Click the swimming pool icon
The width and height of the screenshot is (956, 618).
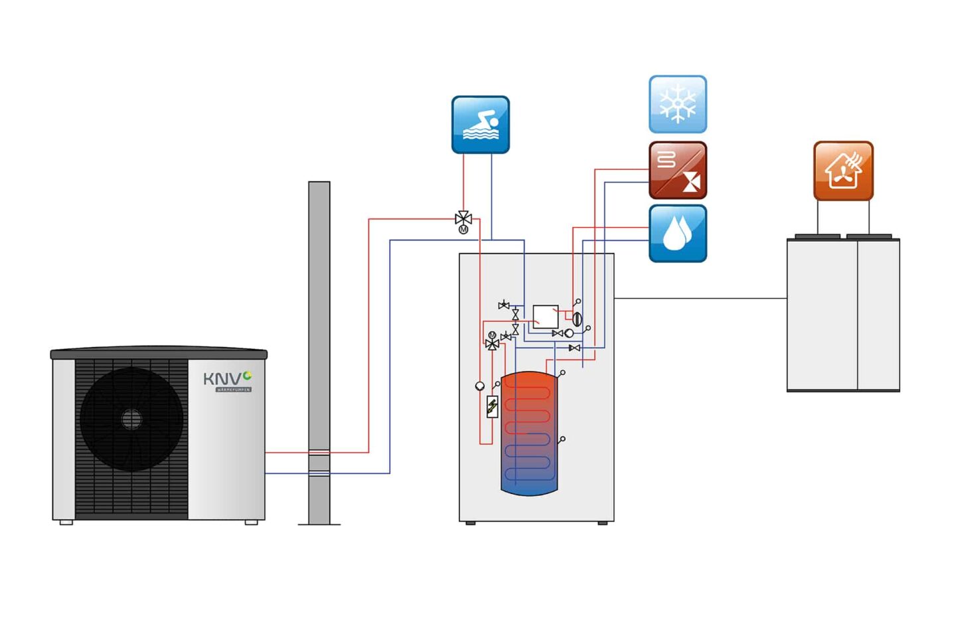coord(480,125)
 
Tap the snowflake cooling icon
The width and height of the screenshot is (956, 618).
coord(677,104)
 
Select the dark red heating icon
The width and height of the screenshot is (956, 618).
coord(677,170)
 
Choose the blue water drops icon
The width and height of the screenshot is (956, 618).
coord(677,234)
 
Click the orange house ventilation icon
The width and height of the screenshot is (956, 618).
coord(843,171)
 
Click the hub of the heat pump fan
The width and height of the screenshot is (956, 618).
coord(131,419)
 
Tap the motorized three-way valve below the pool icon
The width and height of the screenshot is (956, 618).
coord(463,219)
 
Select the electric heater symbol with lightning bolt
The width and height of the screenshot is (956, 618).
coord(492,406)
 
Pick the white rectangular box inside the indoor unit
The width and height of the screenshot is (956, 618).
coord(545,317)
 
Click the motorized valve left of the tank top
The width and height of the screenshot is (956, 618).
coord(492,342)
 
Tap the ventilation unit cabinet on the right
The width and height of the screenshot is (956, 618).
coord(843,315)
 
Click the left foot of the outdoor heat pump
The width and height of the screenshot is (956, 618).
coord(66,522)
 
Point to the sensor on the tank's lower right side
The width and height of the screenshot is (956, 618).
coord(562,439)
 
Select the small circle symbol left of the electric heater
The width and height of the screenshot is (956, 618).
coord(480,386)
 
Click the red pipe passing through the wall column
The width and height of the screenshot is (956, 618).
coord(319,453)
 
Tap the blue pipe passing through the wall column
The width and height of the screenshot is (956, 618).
coord(319,473)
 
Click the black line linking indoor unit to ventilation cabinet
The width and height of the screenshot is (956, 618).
coord(700,299)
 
